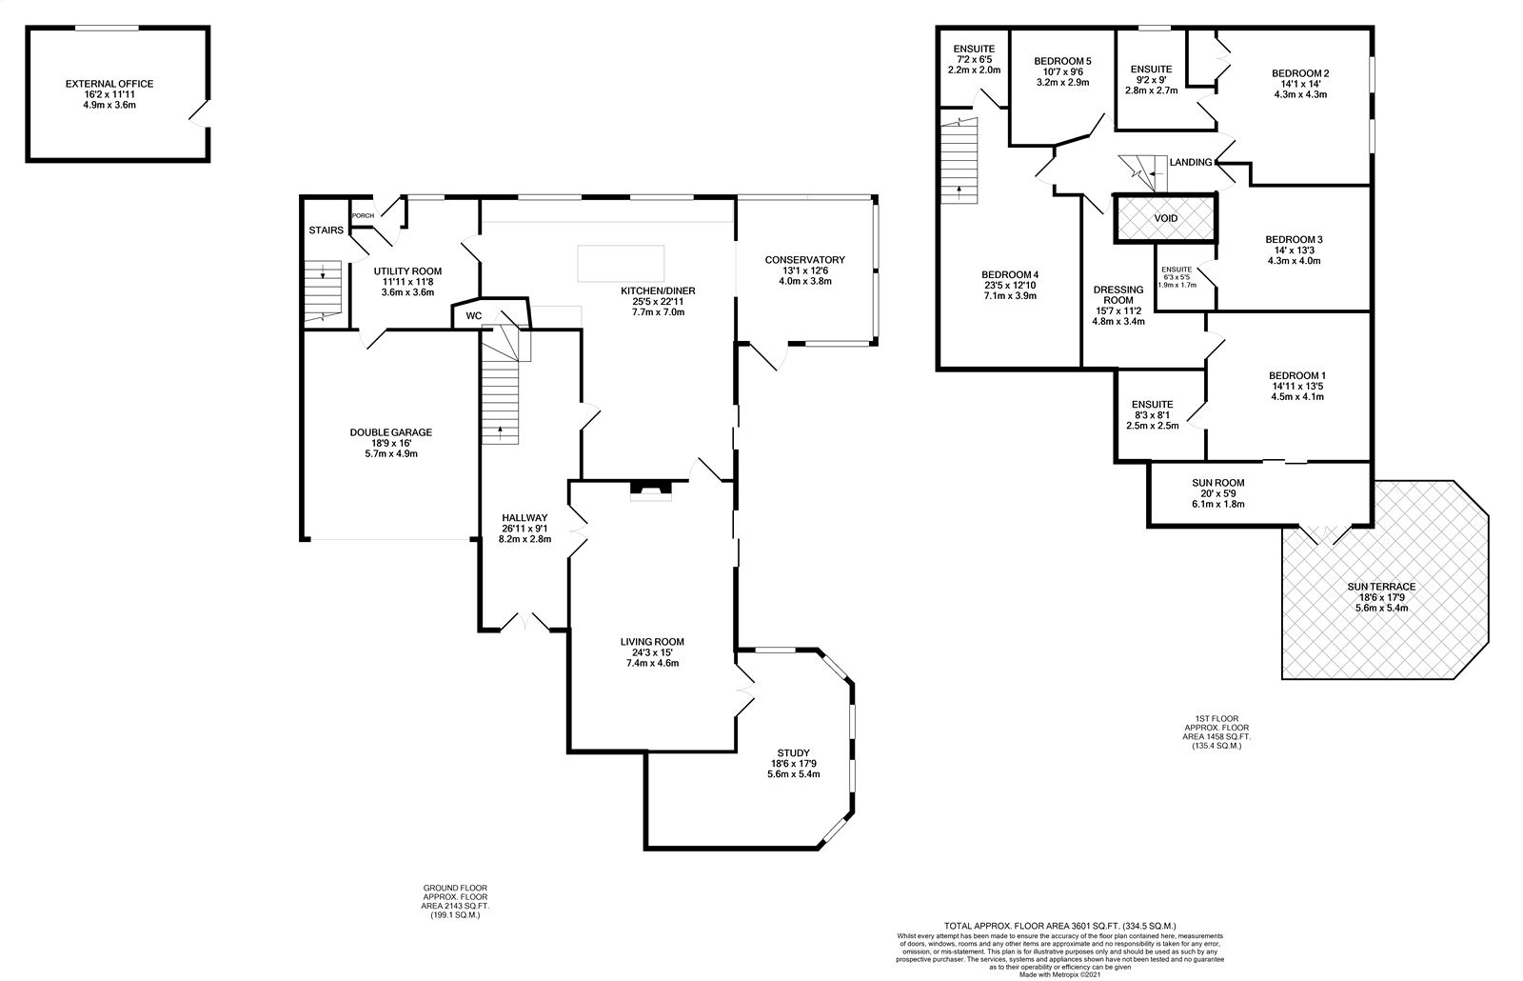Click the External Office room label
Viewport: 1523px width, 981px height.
click(109, 84)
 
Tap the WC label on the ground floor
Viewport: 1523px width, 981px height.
click(474, 315)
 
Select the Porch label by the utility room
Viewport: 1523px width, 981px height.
click(363, 215)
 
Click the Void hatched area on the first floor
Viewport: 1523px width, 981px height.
click(1165, 218)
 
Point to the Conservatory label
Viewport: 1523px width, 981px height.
click(805, 260)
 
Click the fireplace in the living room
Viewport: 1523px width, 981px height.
click(651, 491)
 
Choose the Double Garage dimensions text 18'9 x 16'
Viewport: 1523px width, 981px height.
click(391, 443)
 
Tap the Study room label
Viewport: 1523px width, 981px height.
click(794, 753)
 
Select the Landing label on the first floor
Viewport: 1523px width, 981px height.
click(1191, 163)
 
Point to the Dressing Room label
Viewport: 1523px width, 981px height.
click(1118, 294)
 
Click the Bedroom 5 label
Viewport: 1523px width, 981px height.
click(1062, 61)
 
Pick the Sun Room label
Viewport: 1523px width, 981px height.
click(1218, 483)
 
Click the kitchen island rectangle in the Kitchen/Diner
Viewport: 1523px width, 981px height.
click(621, 263)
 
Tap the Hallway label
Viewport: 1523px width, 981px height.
click(524, 518)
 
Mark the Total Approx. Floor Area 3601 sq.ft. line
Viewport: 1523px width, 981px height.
click(1060, 926)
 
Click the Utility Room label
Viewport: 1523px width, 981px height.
click(408, 270)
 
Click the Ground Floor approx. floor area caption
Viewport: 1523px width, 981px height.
click(455, 901)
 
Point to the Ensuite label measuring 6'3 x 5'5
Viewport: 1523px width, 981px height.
click(1177, 270)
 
